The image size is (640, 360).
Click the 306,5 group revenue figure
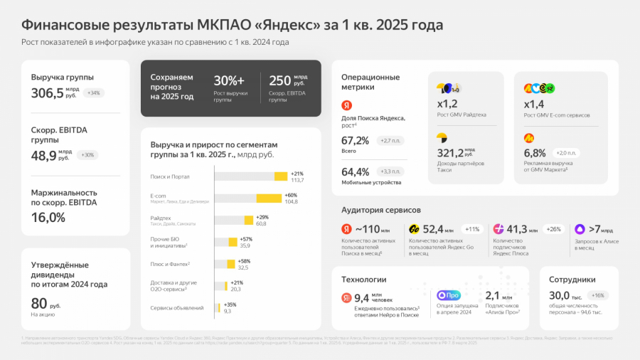(47, 93)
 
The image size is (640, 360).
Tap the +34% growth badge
(94, 93)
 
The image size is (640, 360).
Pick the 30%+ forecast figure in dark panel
(229, 80)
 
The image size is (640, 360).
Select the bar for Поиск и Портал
(280, 176)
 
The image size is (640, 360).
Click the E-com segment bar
(269, 198)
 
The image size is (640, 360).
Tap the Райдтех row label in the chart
(161, 218)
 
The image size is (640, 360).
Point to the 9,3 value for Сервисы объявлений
(228, 311)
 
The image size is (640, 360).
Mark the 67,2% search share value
(355, 140)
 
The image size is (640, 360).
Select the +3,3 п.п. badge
(390, 171)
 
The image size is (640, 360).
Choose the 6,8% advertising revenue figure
(535, 152)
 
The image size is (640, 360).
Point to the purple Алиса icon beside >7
(580, 229)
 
